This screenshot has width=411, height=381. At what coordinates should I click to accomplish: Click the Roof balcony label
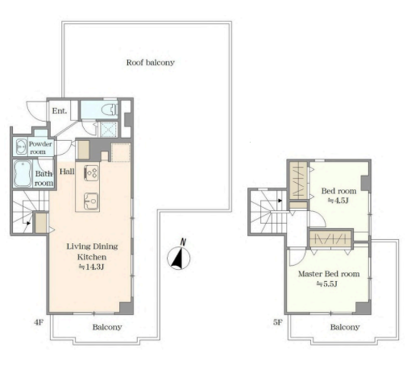pyautogui.click(x=150, y=62)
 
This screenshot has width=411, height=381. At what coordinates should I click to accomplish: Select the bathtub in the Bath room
pyautogui.click(x=23, y=173)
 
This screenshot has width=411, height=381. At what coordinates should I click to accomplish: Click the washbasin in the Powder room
pyautogui.click(x=21, y=147)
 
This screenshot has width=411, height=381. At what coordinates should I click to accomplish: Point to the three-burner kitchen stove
pyautogui.click(x=91, y=173)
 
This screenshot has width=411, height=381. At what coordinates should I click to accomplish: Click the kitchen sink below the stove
pyautogui.click(x=91, y=201)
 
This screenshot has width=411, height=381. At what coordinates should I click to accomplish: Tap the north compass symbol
pyautogui.click(x=179, y=256)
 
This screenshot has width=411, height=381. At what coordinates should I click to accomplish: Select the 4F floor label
pyautogui.click(x=38, y=322)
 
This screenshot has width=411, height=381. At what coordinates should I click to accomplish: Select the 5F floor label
pyautogui.click(x=278, y=322)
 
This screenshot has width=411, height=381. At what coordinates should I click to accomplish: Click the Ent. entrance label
pyautogui.click(x=59, y=111)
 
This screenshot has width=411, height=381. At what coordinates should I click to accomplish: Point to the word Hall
pyautogui.click(x=67, y=171)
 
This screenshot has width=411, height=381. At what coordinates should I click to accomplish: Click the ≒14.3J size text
pyautogui.click(x=92, y=267)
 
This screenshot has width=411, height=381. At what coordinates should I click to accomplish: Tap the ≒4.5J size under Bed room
pyautogui.click(x=338, y=201)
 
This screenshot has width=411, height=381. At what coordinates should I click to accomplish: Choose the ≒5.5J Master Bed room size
pyautogui.click(x=326, y=284)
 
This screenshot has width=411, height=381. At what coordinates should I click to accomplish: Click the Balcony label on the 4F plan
pyautogui.click(x=108, y=327)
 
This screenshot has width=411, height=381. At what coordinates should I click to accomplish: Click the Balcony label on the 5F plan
pyautogui.click(x=345, y=327)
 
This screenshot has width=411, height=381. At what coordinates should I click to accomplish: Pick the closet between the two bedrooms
pyautogui.click(x=331, y=239)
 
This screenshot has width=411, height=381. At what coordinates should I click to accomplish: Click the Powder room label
pyautogui.click(x=40, y=148)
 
